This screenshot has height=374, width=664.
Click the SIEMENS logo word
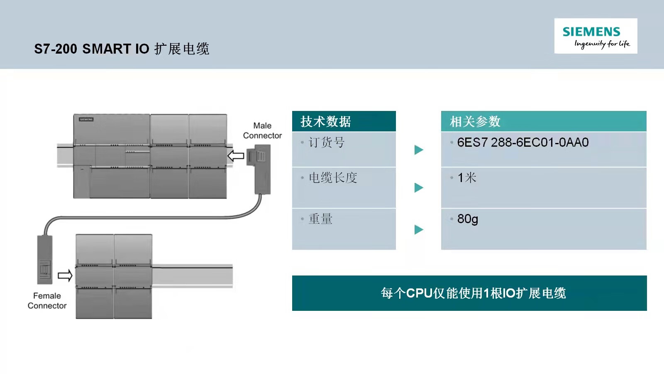point(591,32)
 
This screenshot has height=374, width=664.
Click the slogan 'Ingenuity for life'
point(602,44)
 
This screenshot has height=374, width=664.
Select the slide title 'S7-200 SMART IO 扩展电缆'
point(122,49)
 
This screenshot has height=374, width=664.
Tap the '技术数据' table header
point(325,121)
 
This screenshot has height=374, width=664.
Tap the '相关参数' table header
point(475,121)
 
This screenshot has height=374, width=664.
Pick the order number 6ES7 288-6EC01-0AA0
point(523,143)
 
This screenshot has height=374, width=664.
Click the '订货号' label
point(327,143)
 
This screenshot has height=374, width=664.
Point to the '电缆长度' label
point(333,178)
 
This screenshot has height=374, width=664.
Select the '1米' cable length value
point(467,178)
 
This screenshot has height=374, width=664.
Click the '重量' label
point(320,219)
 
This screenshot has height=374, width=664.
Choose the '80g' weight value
point(467,219)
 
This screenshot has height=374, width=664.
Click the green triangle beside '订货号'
point(419,150)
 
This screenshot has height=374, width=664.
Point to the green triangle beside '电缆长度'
point(419,187)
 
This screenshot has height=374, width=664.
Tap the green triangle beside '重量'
point(419,229)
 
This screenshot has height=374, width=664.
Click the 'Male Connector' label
point(262,130)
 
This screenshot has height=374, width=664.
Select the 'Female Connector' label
point(47,301)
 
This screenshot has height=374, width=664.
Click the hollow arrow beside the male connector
point(236,156)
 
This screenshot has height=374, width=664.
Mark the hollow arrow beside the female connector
point(65,276)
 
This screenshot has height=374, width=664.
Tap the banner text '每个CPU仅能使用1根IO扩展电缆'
point(474,293)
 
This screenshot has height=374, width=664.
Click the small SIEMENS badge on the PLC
point(86,119)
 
